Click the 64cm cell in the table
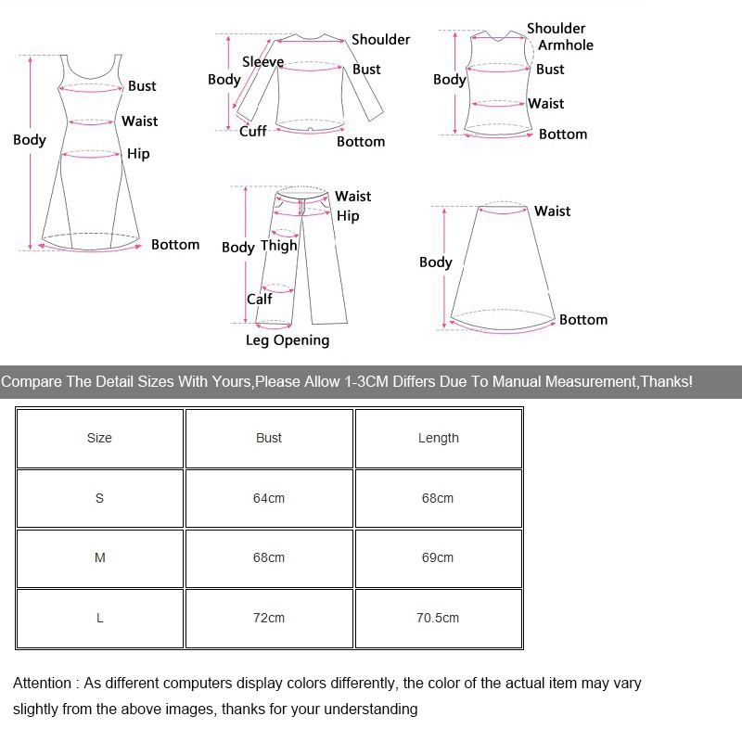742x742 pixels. pyautogui.click(x=269, y=498)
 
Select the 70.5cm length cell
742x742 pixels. pyautogui.click(x=438, y=618)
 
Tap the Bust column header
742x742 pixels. pyautogui.click(x=269, y=438)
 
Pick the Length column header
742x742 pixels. pyautogui.click(x=438, y=438)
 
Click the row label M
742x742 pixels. pyautogui.click(x=100, y=557)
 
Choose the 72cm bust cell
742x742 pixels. pyautogui.click(x=269, y=618)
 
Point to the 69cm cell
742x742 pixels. pyautogui.click(x=438, y=557)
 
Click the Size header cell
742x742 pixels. pyautogui.click(x=99, y=438)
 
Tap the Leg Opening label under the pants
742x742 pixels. pyautogui.click(x=288, y=340)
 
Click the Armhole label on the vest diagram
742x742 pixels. pyautogui.click(x=566, y=45)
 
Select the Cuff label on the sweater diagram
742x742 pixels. pyautogui.click(x=253, y=132)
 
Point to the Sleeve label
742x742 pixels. pyautogui.click(x=262, y=62)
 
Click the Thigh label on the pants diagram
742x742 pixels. pyautogui.click(x=279, y=246)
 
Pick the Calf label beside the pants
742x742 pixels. pyautogui.click(x=260, y=299)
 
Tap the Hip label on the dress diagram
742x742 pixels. pyautogui.click(x=138, y=154)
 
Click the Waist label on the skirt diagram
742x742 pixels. pyautogui.click(x=552, y=211)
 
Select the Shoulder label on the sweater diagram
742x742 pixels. pyautogui.click(x=380, y=40)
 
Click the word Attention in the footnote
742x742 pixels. pyautogui.click(x=42, y=684)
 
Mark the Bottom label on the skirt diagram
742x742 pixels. pyautogui.click(x=583, y=320)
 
